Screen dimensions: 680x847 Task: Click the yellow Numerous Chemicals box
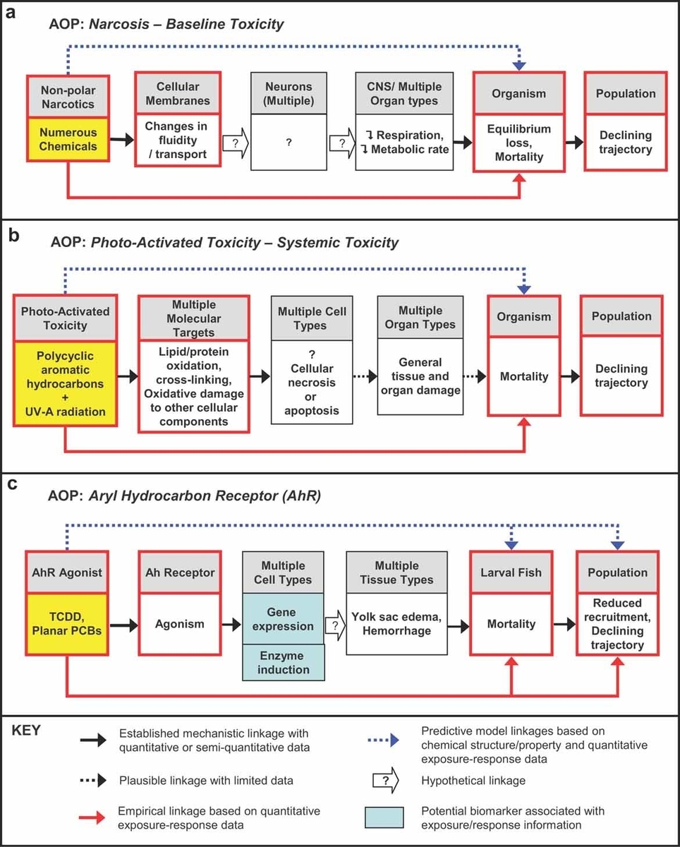[x=68, y=139]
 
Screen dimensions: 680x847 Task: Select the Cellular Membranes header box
[x=178, y=93]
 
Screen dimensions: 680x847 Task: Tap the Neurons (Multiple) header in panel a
[x=289, y=93]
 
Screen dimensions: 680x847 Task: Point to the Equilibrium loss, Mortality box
[x=519, y=143]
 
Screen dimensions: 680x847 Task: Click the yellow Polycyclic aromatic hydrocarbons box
[x=66, y=383]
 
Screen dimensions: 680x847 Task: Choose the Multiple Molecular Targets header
[x=194, y=318]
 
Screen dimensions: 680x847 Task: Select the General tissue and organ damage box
[x=420, y=376]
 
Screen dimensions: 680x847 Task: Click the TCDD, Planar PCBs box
[x=67, y=624]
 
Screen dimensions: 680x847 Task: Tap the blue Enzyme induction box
[x=284, y=662]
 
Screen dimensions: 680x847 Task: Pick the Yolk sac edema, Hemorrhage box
[x=397, y=624]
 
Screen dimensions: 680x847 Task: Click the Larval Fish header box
[x=511, y=572]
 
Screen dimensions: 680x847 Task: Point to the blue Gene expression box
[x=283, y=619]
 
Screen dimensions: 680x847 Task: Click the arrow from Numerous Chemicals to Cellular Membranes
[x=122, y=139]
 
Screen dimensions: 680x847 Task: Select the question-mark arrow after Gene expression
[x=336, y=625]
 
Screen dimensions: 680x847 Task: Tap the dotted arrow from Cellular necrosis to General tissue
[x=365, y=377]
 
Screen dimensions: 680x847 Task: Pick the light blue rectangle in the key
[x=384, y=817]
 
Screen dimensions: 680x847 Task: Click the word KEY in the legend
[x=26, y=731]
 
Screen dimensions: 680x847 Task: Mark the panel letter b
[x=14, y=235]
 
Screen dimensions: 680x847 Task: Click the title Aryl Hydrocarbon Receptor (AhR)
[x=205, y=495]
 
